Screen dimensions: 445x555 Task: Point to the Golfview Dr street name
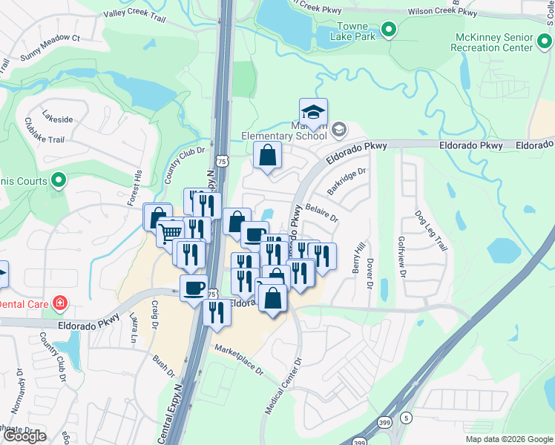click(x=403, y=257)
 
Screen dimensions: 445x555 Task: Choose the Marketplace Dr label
click(x=238, y=360)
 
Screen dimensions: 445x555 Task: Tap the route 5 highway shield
click(x=405, y=418)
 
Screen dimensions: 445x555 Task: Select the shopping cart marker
click(x=171, y=232)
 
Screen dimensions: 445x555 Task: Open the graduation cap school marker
click(x=313, y=112)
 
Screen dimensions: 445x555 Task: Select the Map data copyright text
click(x=508, y=439)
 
